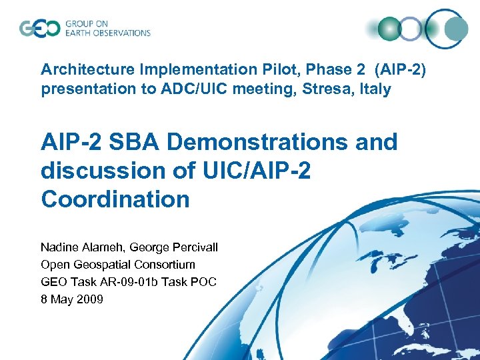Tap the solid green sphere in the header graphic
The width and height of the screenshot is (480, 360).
click(x=389, y=28)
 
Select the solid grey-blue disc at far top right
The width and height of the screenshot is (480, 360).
click(x=456, y=28)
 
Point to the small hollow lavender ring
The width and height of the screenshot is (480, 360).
click(x=411, y=28)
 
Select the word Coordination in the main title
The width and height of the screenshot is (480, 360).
click(x=115, y=199)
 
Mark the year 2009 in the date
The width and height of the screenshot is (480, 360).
click(x=90, y=299)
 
